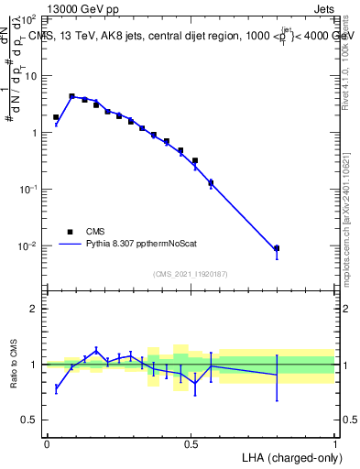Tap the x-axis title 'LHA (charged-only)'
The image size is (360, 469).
pos(286,456)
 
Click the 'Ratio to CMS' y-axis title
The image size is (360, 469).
pos(15,365)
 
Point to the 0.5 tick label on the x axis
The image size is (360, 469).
pos(191,442)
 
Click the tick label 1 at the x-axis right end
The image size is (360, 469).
pos(334,442)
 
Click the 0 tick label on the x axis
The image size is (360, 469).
pos(47,442)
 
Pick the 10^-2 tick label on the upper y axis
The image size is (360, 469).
pos(27,246)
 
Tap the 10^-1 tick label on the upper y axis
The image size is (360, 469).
pos(27,190)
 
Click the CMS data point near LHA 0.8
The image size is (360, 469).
pos(277,248)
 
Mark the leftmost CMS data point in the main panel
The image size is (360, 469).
pos(56,117)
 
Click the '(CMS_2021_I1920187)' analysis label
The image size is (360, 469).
pos(191,273)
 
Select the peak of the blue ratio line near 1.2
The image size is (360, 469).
pos(96,350)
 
